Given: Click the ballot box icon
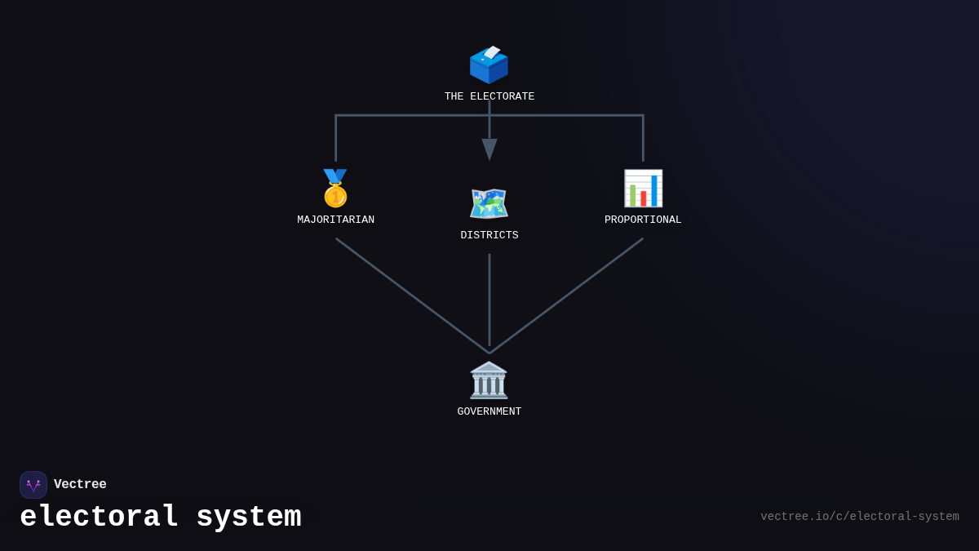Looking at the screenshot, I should (489, 64).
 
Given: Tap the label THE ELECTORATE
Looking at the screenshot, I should (489, 97).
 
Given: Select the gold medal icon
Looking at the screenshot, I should (335, 189).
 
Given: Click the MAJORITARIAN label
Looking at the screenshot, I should (335, 220).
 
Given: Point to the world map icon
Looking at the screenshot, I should (489, 204).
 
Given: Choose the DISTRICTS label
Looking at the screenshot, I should (489, 236).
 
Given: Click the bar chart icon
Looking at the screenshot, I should (643, 189).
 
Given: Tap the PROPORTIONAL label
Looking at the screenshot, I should (643, 220).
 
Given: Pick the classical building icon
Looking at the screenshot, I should (489, 380).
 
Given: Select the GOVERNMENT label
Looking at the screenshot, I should (489, 412).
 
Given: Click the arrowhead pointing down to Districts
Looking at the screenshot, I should (489, 149).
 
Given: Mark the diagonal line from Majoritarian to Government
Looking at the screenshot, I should (412, 295).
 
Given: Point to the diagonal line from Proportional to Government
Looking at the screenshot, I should (567, 295).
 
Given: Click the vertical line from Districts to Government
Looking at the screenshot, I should (489, 300).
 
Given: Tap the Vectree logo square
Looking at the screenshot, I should (33, 485).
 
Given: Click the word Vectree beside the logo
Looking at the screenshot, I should (80, 485).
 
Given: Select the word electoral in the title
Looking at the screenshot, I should (99, 518).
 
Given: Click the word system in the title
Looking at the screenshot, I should (249, 518).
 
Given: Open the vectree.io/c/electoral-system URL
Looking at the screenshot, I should (859, 517).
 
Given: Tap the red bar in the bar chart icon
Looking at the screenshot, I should (644, 198).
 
